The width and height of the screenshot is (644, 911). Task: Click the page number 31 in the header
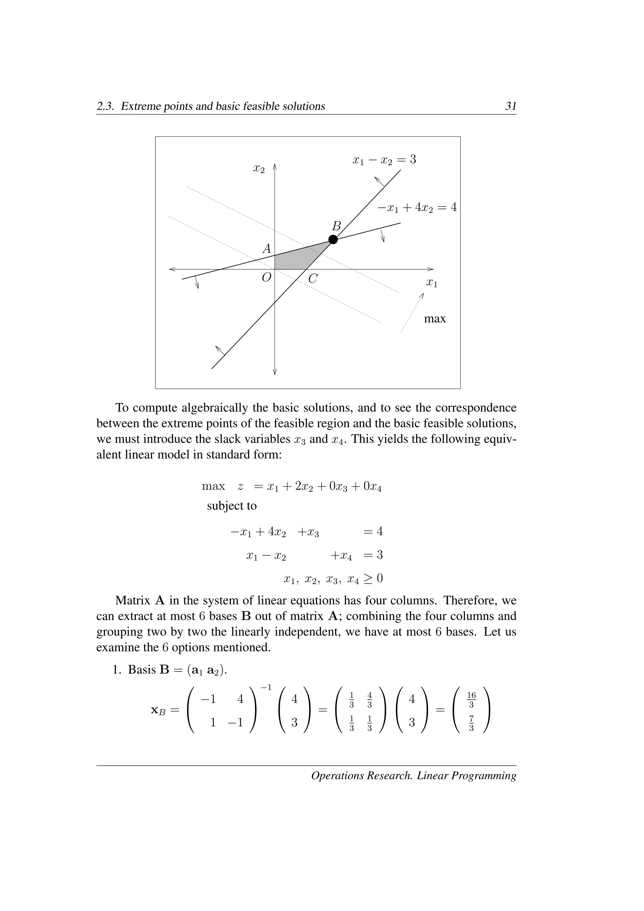(510, 106)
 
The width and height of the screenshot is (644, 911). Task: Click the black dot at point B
(333, 239)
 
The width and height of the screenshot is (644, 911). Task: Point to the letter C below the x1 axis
(313, 278)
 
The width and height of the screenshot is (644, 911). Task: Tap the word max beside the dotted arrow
(435, 319)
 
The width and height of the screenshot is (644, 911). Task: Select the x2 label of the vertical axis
(258, 169)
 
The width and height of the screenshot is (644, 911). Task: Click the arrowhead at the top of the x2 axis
(275, 165)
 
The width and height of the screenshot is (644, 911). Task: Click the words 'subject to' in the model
(231, 506)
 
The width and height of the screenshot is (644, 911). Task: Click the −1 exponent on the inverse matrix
(266, 687)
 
